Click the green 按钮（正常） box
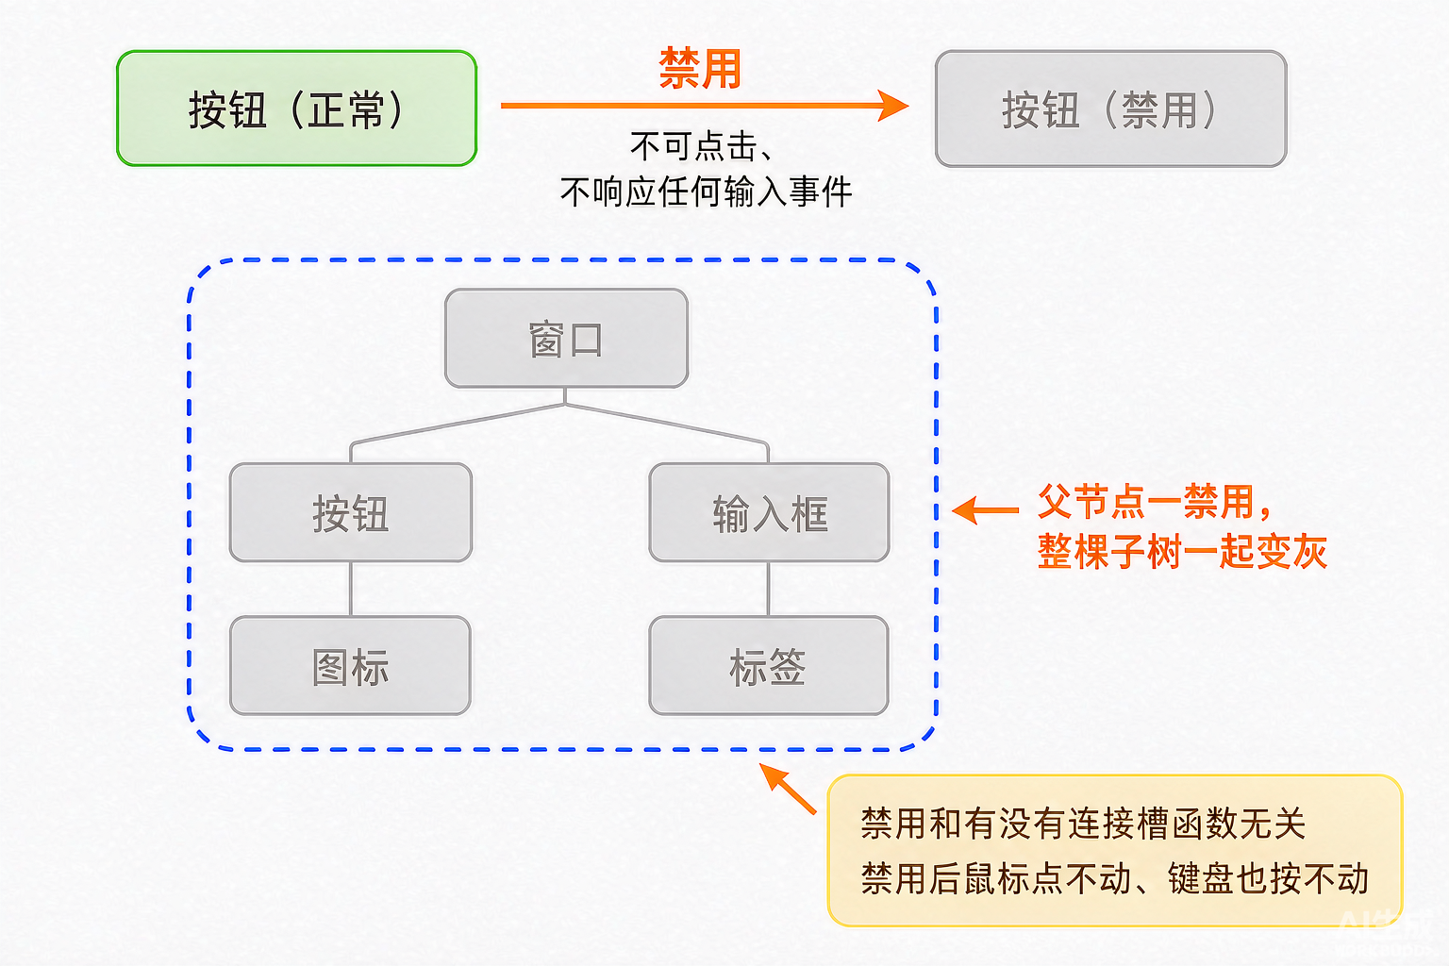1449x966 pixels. [297, 108]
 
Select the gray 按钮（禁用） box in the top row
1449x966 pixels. [1110, 108]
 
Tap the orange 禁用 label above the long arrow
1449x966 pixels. [700, 69]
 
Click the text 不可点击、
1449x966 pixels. [701, 146]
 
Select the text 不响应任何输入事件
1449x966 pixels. [706, 192]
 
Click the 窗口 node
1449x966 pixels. [566, 339]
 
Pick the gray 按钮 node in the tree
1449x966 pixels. [351, 512]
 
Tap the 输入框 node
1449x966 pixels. [769, 512]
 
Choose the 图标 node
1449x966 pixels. [350, 666]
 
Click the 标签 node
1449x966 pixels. [769, 666]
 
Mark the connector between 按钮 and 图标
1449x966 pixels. [351, 589]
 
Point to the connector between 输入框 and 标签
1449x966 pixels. [769, 589]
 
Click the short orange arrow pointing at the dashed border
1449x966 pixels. [985, 510]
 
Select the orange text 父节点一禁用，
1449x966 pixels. [1156, 502]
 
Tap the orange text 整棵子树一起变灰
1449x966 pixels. [1182, 552]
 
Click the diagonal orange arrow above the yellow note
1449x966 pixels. [788, 788]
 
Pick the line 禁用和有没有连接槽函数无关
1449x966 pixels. [1084, 824]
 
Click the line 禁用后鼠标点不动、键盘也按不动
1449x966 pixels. [1114, 878]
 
